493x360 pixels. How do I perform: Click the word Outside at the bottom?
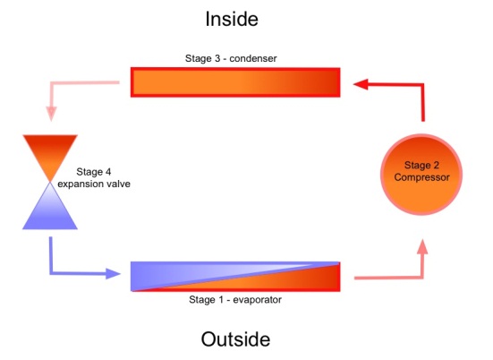point(235,340)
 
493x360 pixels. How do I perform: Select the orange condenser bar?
point(235,81)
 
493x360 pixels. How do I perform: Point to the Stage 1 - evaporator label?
point(235,300)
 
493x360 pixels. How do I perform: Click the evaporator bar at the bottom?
point(235,277)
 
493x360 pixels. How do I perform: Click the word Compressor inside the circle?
point(421,177)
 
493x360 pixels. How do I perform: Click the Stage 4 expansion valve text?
point(95,177)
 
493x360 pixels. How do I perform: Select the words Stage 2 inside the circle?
point(421,165)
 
